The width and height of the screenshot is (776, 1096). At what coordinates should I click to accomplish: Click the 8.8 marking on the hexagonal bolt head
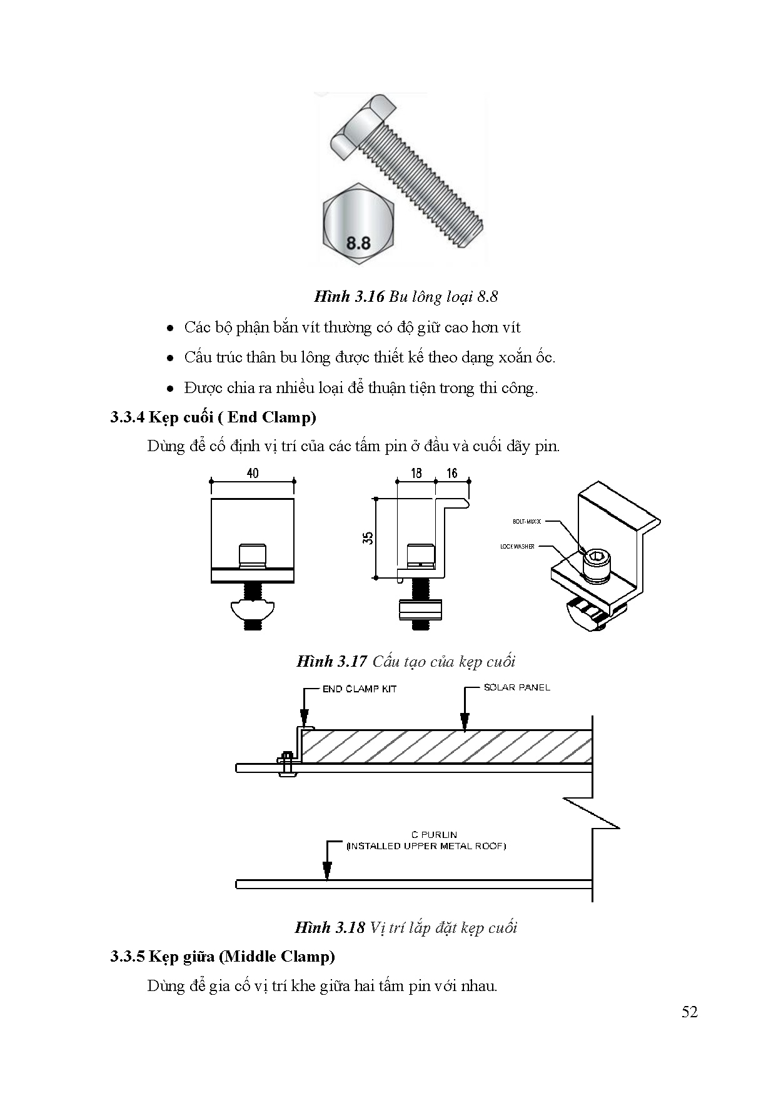click(x=358, y=243)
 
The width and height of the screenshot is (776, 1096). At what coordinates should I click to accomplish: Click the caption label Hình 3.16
click(x=349, y=296)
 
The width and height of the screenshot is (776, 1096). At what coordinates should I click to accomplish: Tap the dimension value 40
click(x=252, y=473)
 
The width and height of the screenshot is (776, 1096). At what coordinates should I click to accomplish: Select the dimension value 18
click(x=416, y=473)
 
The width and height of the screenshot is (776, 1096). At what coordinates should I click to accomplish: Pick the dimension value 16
click(x=451, y=473)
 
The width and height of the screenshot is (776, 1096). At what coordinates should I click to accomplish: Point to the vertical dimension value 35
click(x=368, y=537)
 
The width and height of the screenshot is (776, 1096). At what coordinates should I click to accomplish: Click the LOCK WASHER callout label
click(x=517, y=546)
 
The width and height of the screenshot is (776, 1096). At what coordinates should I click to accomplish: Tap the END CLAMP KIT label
click(x=360, y=689)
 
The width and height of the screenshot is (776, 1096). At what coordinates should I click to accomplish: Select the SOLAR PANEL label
click(x=516, y=687)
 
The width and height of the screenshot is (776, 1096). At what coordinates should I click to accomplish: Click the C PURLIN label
click(x=433, y=834)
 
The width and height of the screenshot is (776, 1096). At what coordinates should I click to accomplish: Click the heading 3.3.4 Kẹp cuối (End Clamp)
click(x=213, y=417)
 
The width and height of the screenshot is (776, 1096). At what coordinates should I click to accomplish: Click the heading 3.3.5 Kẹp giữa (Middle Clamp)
click(x=222, y=956)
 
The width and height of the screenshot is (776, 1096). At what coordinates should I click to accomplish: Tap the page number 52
click(x=689, y=1012)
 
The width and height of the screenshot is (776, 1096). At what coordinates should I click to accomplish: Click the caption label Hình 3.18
click(x=330, y=927)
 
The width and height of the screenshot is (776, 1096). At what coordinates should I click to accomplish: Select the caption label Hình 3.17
click(x=331, y=661)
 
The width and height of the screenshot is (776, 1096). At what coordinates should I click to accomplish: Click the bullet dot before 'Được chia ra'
click(x=170, y=389)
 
